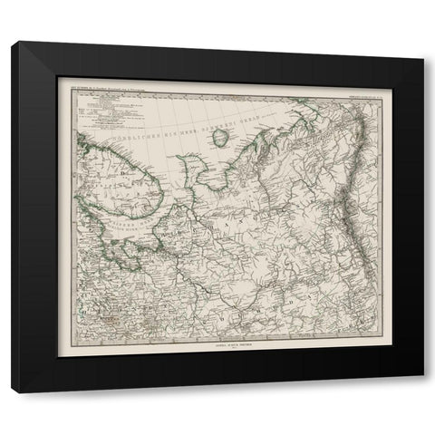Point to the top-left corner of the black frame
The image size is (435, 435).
click(11, 42)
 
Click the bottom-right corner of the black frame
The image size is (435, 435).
click(423, 392)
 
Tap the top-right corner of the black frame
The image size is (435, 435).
click(423, 42)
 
